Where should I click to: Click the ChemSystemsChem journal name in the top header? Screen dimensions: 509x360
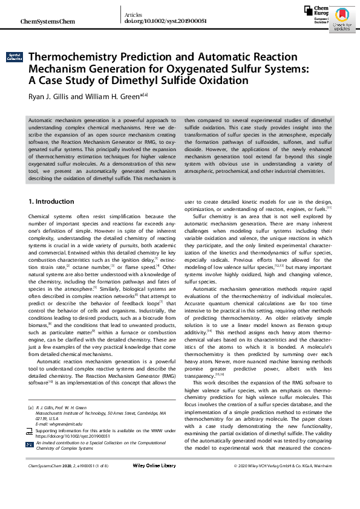click(48, 21)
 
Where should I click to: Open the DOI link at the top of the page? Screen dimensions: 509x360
click(165, 21)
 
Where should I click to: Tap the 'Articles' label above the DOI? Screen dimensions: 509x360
click(133, 13)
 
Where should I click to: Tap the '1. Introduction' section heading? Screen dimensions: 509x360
click(51, 201)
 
